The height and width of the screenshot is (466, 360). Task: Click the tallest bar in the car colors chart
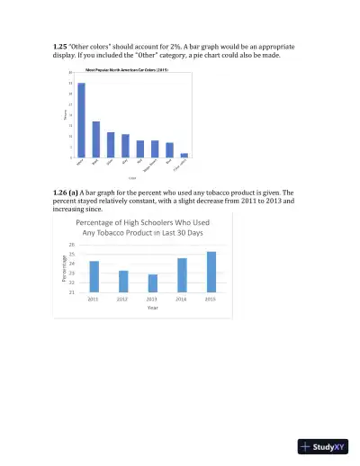(x=81, y=121)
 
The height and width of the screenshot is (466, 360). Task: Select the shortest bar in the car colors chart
(x=184, y=155)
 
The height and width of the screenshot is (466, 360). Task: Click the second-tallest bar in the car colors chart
(x=96, y=139)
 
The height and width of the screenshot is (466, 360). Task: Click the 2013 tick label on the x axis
(x=152, y=299)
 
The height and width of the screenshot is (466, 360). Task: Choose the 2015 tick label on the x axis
(x=211, y=299)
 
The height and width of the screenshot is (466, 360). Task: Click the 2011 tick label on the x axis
(x=94, y=299)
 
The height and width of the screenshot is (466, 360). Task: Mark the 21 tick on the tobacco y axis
(x=71, y=292)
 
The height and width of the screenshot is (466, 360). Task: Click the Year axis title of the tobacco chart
(x=152, y=308)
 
